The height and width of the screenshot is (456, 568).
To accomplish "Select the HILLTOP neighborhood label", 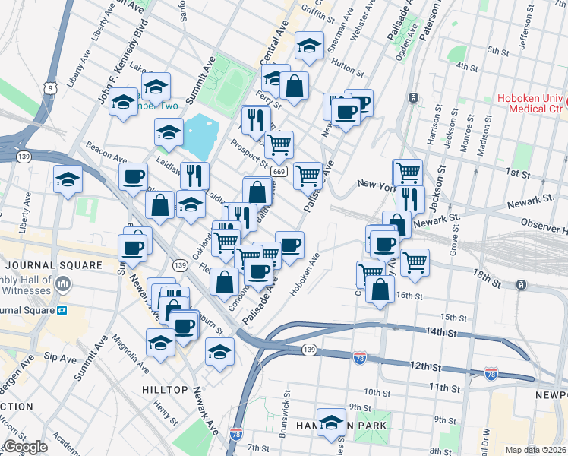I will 165,389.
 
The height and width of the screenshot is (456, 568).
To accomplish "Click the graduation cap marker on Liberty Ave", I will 68,180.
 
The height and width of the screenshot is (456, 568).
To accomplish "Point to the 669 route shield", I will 278,173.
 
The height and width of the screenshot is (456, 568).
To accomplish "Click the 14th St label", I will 440,333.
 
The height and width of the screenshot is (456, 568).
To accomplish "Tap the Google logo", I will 24,447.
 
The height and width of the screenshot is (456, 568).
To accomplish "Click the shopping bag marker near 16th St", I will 380,289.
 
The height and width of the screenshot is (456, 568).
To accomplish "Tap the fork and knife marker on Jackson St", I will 409,198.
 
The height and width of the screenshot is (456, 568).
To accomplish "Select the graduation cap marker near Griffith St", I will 309,45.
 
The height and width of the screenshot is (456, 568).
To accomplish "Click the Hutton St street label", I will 347,68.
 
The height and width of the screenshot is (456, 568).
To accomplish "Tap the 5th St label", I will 498,50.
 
